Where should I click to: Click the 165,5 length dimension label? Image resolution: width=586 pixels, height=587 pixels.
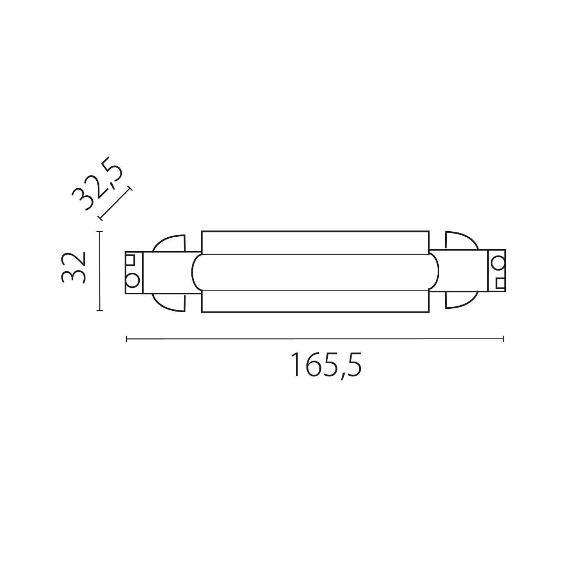pyautogui.click(x=326, y=365)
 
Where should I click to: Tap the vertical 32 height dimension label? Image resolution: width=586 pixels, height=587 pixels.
pyautogui.click(x=74, y=268)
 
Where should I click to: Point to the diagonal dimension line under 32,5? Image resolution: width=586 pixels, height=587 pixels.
pyautogui.click(x=115, y=203)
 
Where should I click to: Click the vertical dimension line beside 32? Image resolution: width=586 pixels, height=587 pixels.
pyautogui.click(x=100, y=271)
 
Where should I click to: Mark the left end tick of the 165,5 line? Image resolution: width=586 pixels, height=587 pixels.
pyautogui.click(x=126, y=339)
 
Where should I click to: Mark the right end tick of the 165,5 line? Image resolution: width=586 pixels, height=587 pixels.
pyautogui.click(x=503, y=339)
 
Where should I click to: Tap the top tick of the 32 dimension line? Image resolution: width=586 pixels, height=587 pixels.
pyautogui.click(x=100, y=232)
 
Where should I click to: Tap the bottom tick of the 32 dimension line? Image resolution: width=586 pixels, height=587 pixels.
pyautogui.click(x=100, y=311)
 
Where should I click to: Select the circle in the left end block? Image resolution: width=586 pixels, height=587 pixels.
pyautogui.click(x=132, y=280)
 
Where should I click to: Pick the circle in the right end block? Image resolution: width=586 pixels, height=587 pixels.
pyautogui.click(x=498, y=262)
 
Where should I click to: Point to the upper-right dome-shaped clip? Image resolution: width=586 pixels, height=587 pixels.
pyautogui.click(x=460, y=241)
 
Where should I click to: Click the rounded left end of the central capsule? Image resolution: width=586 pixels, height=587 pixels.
pyautogui.click(x=197, y=272)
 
